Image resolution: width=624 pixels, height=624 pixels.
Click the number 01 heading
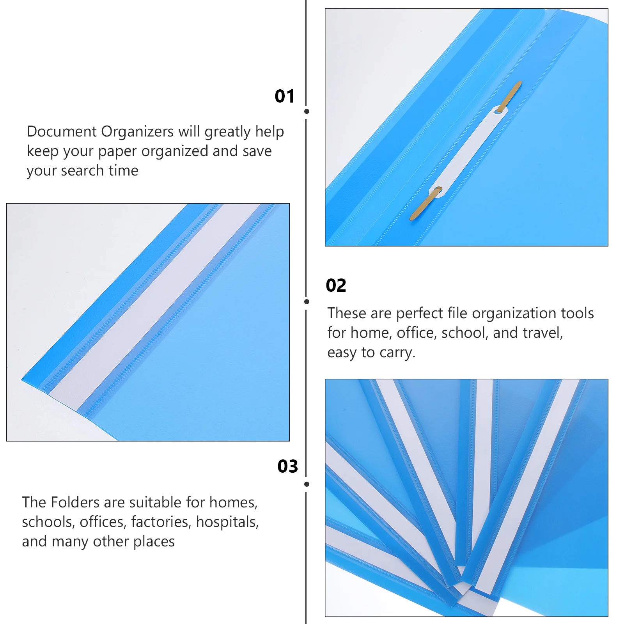coord(285,96)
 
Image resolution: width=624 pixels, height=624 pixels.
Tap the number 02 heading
coord(336,285)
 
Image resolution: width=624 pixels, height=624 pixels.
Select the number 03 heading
coord(287,466)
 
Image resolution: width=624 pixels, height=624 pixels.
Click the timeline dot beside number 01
coord(307,112)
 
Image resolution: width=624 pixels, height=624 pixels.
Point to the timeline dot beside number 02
coord(307,301)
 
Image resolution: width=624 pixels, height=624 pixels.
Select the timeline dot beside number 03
coord(307,484)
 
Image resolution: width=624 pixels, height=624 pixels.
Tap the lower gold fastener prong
coord(424,204)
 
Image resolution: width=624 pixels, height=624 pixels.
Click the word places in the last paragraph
coord(154,542)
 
